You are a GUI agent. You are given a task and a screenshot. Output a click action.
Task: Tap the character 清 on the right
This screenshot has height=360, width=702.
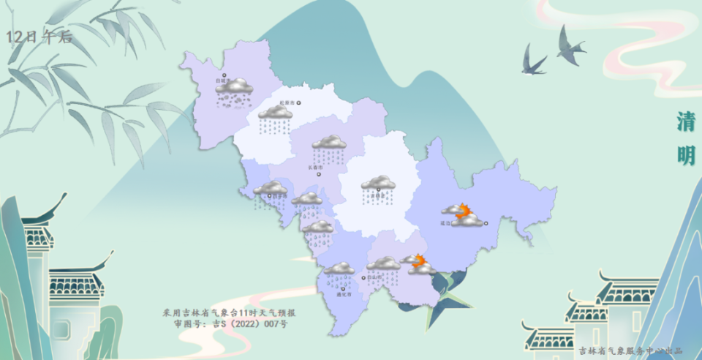pos(685,122)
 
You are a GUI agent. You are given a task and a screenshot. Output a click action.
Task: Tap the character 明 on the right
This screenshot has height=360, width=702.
pos(685,156)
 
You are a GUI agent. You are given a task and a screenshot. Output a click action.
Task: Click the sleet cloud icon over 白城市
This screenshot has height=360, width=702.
pos(234,91)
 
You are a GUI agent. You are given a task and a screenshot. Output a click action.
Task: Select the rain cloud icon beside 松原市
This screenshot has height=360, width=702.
pos(276,117)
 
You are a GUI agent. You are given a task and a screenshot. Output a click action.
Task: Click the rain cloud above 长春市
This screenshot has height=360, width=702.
pos(329,147)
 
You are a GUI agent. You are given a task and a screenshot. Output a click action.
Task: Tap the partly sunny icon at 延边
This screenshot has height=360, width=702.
pos(464,215)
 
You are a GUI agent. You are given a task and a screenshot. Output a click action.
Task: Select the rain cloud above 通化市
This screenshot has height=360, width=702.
pos(339,272)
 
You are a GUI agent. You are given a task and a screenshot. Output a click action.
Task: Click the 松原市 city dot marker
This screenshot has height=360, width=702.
pos(298,102)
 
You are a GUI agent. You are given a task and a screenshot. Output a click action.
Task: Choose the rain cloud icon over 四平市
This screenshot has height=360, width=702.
pos(270,192)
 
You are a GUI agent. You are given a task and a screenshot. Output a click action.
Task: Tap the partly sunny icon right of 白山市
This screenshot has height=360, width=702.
pos(419,264)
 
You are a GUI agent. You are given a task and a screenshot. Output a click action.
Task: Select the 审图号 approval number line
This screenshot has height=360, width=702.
pos(231,323)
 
